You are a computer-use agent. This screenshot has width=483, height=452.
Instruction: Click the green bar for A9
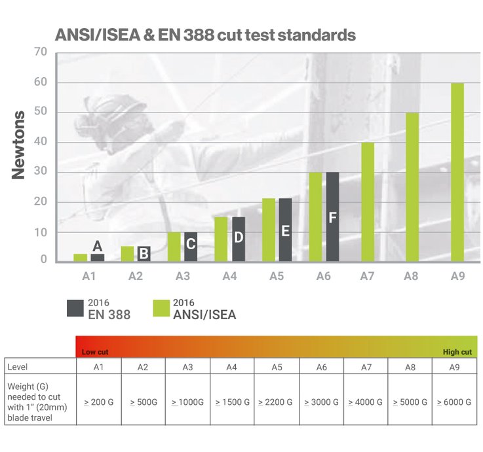(x=457, y=172)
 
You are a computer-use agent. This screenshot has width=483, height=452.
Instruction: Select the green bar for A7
(x=368, y=202)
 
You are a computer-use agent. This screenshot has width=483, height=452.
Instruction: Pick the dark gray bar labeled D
(x=239, y=239)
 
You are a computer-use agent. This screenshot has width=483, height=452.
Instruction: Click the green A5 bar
(x=269, y=230)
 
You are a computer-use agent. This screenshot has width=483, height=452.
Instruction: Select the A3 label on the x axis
(x=182, y=277)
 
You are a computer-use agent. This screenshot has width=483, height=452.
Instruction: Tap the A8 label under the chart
(x=412, y=277)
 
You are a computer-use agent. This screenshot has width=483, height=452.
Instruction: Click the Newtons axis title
(x=19, y=145)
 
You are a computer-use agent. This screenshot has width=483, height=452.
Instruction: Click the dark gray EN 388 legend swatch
(x=75, y=308)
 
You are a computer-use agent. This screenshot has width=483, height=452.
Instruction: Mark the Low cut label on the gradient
(x=95, y=352)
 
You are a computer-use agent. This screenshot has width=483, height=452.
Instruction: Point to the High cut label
(x=457, y=352)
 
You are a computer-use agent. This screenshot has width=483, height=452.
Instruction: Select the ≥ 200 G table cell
(x=98, y=402)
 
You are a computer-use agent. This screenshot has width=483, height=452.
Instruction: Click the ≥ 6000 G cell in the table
(x=454, y=402)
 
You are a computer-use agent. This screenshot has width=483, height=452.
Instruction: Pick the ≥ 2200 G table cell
(x=276, y=402)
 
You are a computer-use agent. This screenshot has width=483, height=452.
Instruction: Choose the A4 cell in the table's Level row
(x=231, y=367)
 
